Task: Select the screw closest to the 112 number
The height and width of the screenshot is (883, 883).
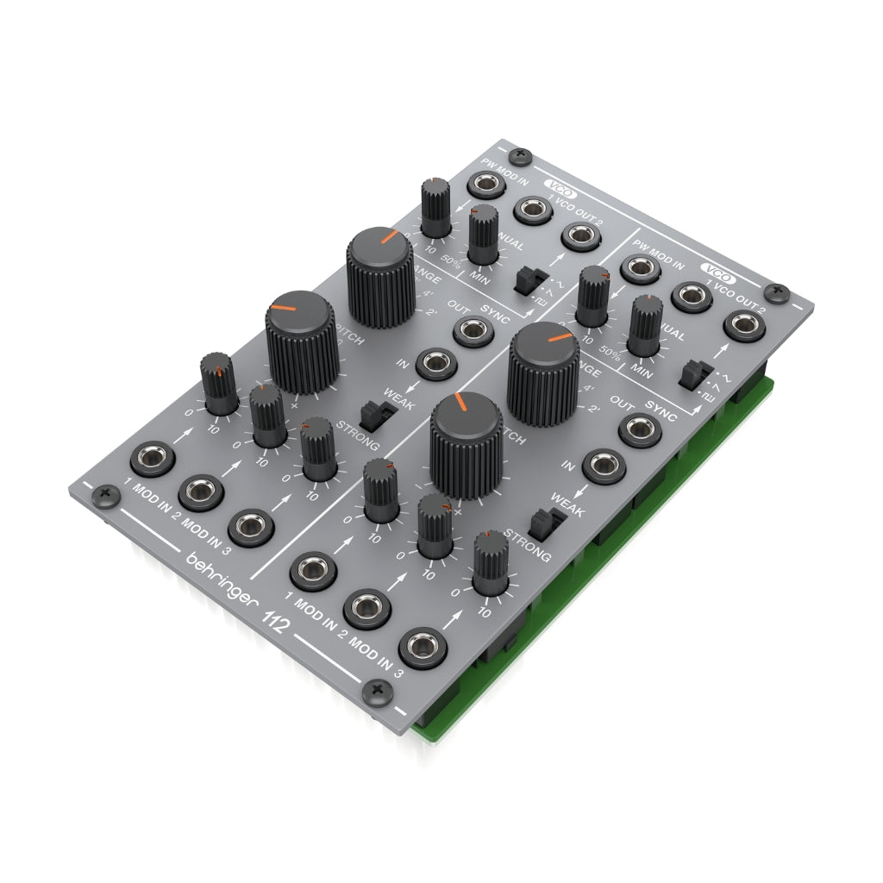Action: tap(377, 689)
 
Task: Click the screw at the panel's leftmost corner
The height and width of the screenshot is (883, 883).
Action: tap(105, 494)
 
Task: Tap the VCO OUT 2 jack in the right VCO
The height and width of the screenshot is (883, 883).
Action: tap(740, 326)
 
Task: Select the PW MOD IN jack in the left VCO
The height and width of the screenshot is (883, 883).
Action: tap(488, 184)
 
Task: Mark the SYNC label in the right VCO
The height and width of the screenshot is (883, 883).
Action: tap(660, 412)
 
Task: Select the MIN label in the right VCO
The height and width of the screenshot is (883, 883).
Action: tap(643, 367)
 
